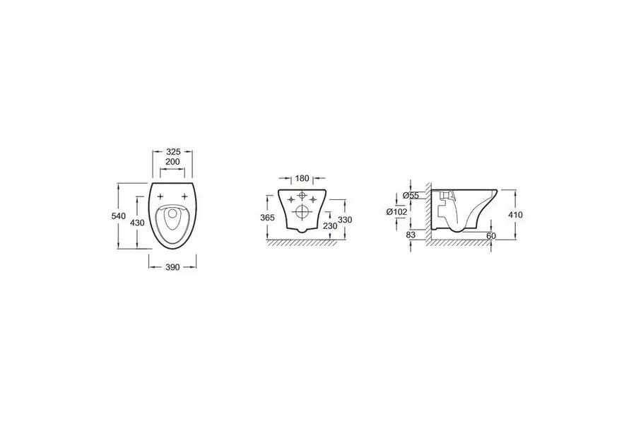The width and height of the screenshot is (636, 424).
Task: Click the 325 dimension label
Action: tap(173, 152)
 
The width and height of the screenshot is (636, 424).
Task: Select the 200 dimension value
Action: tap(173, 162)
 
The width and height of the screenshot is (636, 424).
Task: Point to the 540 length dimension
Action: tap(119, 216)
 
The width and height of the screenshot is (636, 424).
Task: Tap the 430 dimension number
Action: tap(137, 223)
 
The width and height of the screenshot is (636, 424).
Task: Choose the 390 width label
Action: tap(173, 267)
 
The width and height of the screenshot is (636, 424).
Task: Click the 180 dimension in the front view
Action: tap(302, 178)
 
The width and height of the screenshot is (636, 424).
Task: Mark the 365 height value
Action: tap(267, 218)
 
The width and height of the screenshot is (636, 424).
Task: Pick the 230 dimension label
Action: tap(330, 225)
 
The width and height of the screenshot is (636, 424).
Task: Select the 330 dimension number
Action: tap(345, 220)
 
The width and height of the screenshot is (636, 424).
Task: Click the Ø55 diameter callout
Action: tap(411, 196)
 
